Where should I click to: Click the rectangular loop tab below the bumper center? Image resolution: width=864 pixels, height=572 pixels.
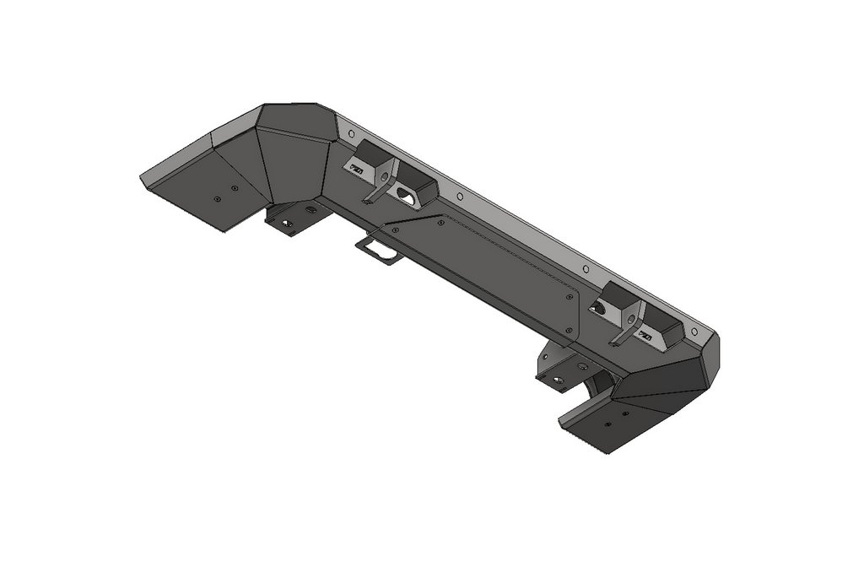pos(380,249)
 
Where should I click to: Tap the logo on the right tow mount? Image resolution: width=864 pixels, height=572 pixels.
pos(645,336)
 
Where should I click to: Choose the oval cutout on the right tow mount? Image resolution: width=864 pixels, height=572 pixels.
pos(600,308)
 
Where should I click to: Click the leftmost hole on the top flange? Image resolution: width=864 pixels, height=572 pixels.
pos(351,132)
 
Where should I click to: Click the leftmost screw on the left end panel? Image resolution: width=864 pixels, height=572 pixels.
pos(217,198)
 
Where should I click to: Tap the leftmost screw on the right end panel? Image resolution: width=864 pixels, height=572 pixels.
pos(607,424)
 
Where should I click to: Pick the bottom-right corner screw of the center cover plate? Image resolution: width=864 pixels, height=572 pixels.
pos(570,330)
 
